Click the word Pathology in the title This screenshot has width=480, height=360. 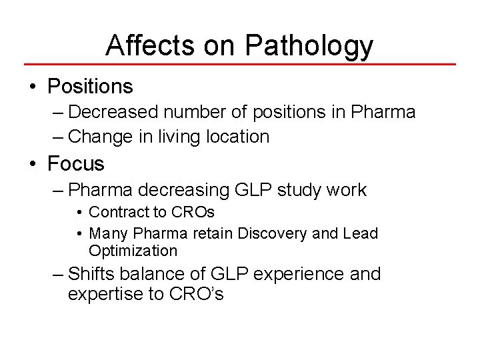[x=309, y=45]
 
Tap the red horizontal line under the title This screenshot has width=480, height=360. [x=240, y=65]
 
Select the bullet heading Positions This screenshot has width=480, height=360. [x=91, y=87]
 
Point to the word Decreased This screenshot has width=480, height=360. [x=112, y=112]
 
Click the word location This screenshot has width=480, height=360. [x=237, y=137]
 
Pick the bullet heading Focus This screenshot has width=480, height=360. [x=76, y=163]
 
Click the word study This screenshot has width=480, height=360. [x=296, y=190]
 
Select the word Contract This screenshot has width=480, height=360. [x=115, y=213]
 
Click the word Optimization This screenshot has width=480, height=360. [x=133, y=251]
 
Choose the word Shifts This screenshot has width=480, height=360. [x=92, y=274]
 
